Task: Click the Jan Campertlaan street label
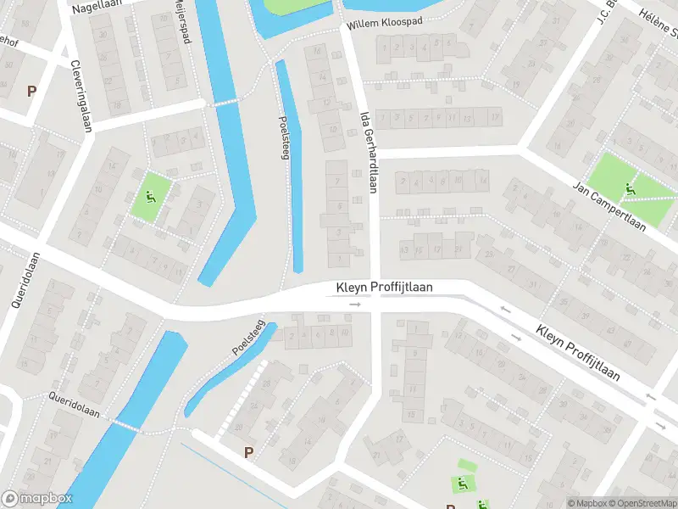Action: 609,206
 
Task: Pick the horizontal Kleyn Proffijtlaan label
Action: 385,288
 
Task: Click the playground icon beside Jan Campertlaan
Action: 629,188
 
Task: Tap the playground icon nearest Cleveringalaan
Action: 150,199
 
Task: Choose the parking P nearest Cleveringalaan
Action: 32,91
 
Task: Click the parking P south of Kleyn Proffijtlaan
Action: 248,453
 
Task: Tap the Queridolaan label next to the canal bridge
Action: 74,406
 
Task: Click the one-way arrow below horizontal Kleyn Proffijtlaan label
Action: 355,304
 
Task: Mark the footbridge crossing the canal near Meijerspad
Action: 221,103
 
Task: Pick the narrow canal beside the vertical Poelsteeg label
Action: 290,170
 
